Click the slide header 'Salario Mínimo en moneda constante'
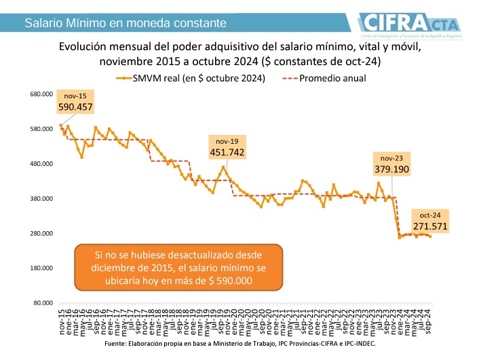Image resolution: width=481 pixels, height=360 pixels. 126,24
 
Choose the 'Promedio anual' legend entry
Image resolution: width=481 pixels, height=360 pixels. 332,78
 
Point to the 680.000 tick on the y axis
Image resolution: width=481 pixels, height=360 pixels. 42,94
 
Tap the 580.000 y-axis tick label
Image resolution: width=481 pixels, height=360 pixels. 42,129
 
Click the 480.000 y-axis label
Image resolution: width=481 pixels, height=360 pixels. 42,163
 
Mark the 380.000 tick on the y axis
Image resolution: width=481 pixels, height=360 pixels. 42,199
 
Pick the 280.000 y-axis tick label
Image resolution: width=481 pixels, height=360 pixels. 42,233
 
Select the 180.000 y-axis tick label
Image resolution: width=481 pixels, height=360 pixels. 42,268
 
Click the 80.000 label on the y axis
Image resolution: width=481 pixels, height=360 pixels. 43,303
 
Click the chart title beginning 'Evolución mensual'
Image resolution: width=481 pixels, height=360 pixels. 240,54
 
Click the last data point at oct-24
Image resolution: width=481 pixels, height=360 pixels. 430,237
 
